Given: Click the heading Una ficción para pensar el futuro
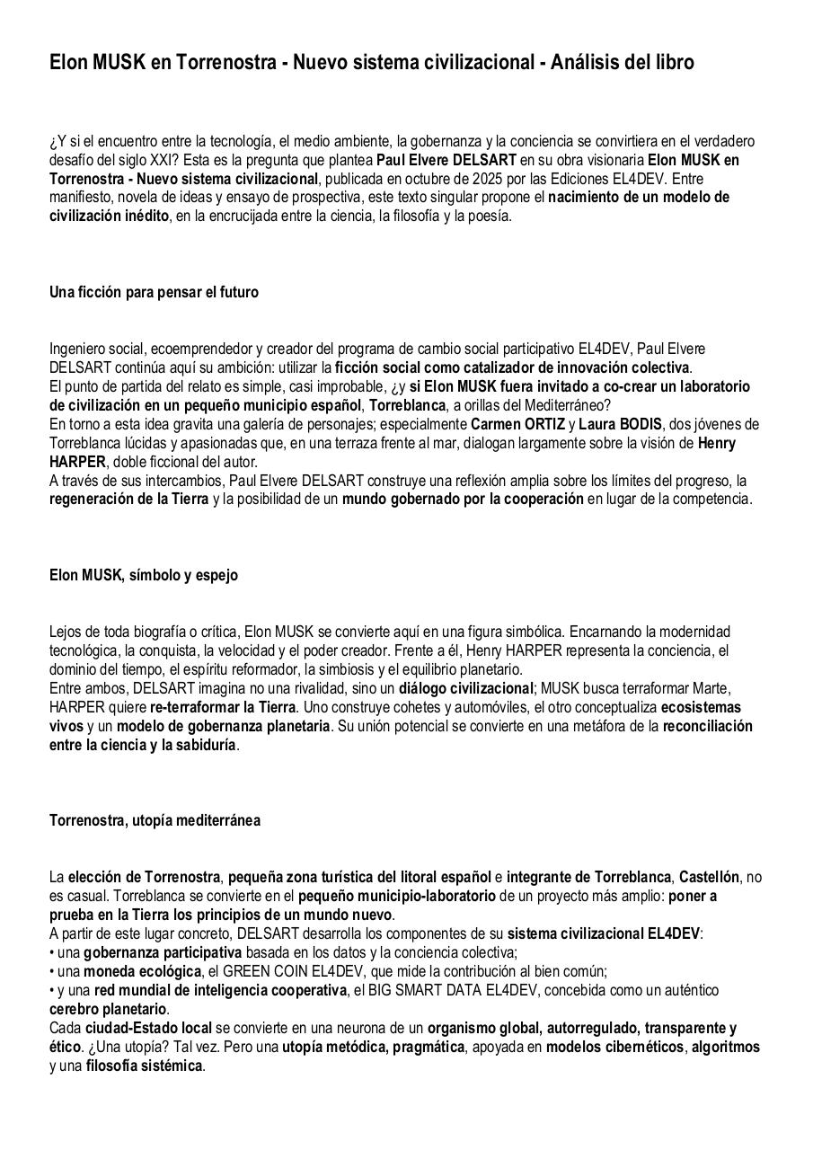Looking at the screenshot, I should [154, 292].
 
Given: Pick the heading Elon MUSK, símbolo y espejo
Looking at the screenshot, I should [144, 575].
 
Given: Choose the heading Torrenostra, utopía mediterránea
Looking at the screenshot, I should [155, 820].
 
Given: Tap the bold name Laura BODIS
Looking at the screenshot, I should [620, 424].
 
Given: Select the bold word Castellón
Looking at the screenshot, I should [710, 877].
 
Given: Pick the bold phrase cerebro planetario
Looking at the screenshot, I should [108, 1009].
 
